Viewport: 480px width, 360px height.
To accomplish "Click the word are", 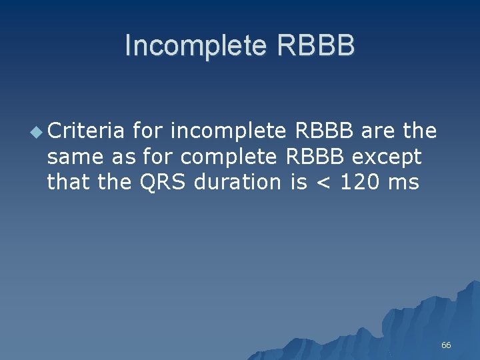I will pyautogui.click(x=379, y=131).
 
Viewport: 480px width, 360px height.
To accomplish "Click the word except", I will pyautogui.click(x=387, y=157).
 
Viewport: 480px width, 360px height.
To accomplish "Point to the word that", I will pyautogui.click(x=69, y=182).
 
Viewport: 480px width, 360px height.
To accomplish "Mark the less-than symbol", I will pyautogui.click(x=323, y=183).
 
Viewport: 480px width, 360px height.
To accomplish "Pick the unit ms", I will pyautogui.click(x=406, y=182).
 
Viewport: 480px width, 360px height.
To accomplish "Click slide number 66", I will pyautogui.click(x=446, y=345).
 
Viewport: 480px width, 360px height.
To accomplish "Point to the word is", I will pyautogui.click(x=299, y=182).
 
